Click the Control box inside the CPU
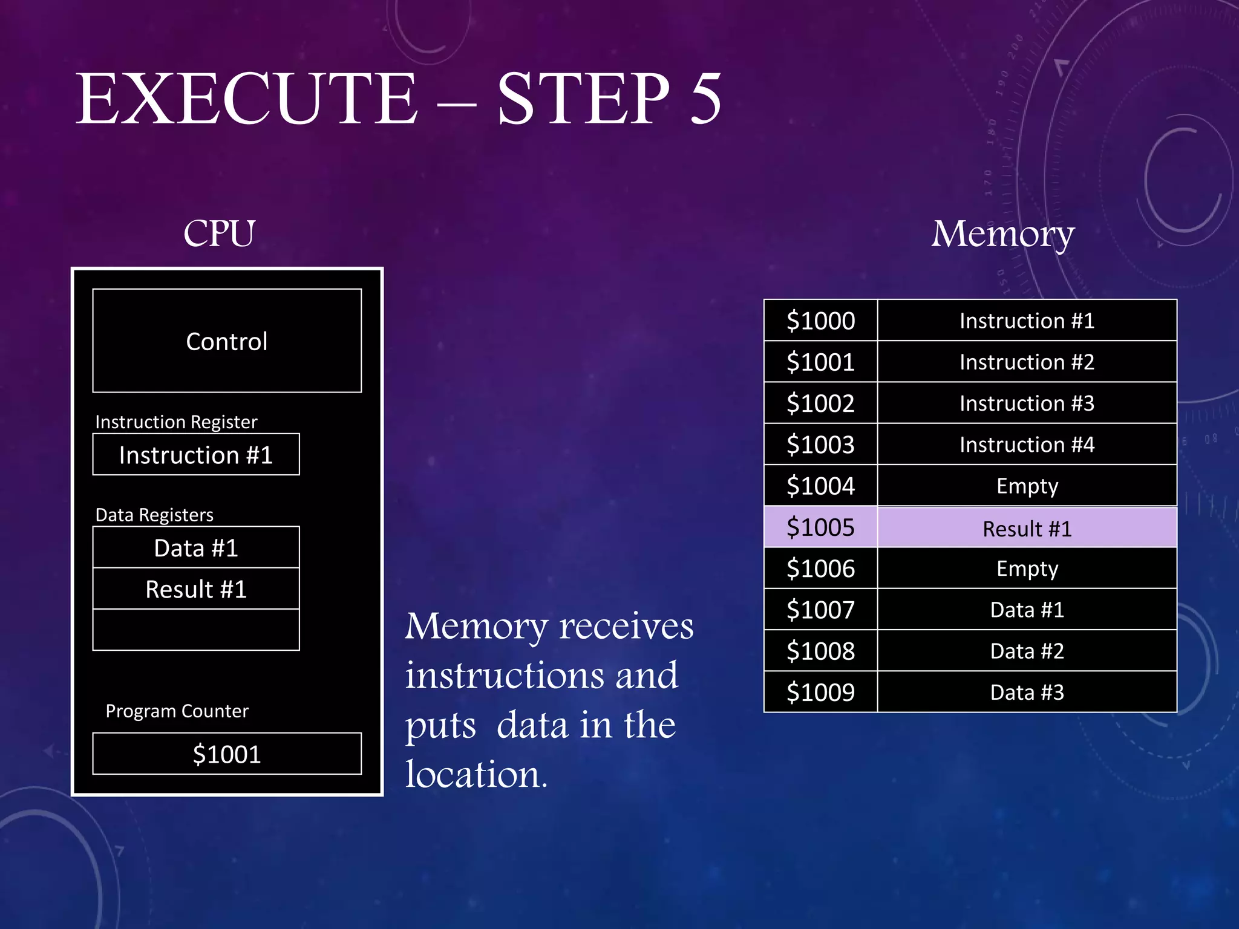tap(227, 341)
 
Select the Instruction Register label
tap(176, 422)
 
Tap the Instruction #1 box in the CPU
tap(196, 455)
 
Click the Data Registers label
tap(154, 515)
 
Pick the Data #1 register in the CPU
tap(196, 547)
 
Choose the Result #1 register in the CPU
tap(196, 589)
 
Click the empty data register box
tap(196, 630)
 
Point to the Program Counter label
tap(177, 711)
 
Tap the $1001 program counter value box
tap(227, 754)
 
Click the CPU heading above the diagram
tap(219, 233)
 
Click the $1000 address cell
tap(820, 321)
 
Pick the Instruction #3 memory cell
tap(1027, 403)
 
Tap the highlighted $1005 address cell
tap(820, 527)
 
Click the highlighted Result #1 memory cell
tap(1027, 529)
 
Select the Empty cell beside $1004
tap(1027, 486)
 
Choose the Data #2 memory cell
tap(1027, 651)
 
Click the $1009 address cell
tap(820, 692)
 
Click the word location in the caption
tap(476, 774)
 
